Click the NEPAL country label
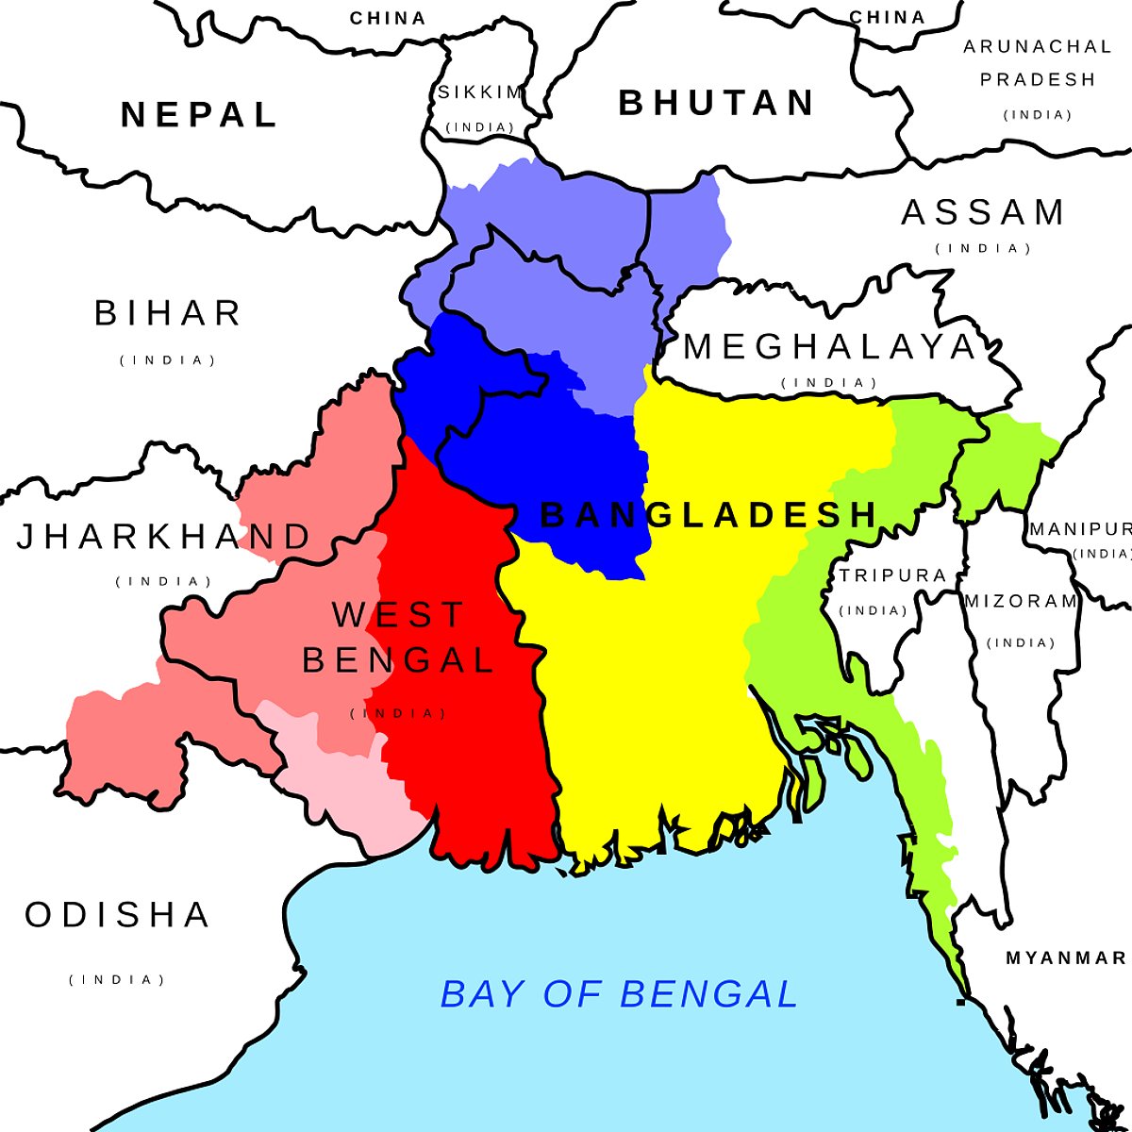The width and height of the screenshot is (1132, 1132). (199, 115)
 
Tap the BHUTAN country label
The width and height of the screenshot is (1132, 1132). (717, 103)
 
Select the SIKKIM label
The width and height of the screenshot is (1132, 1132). (480, 92)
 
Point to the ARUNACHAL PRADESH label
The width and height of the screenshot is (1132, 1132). (1038, 62)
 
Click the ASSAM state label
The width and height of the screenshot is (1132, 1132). (983, 213)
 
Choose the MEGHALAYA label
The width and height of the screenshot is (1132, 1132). (830, 347)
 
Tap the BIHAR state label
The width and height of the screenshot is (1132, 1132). (169, 313)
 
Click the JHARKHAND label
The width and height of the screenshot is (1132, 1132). (164, 537)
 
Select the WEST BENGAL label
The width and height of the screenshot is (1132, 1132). (398, 637)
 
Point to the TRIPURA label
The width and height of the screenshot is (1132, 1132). (892, 575)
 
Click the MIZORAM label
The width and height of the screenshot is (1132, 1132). (1021, 601)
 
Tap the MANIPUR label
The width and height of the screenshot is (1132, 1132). (1079, 529)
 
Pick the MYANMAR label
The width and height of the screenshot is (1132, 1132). (1066, 958)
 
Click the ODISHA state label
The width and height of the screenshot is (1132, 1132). (118, 915)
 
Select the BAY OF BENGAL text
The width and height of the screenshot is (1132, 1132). (620, 994)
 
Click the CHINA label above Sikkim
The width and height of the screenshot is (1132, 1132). (388, 18)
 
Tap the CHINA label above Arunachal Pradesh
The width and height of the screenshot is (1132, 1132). (887, 18)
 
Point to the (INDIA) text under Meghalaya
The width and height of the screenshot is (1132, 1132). (830, 383)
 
